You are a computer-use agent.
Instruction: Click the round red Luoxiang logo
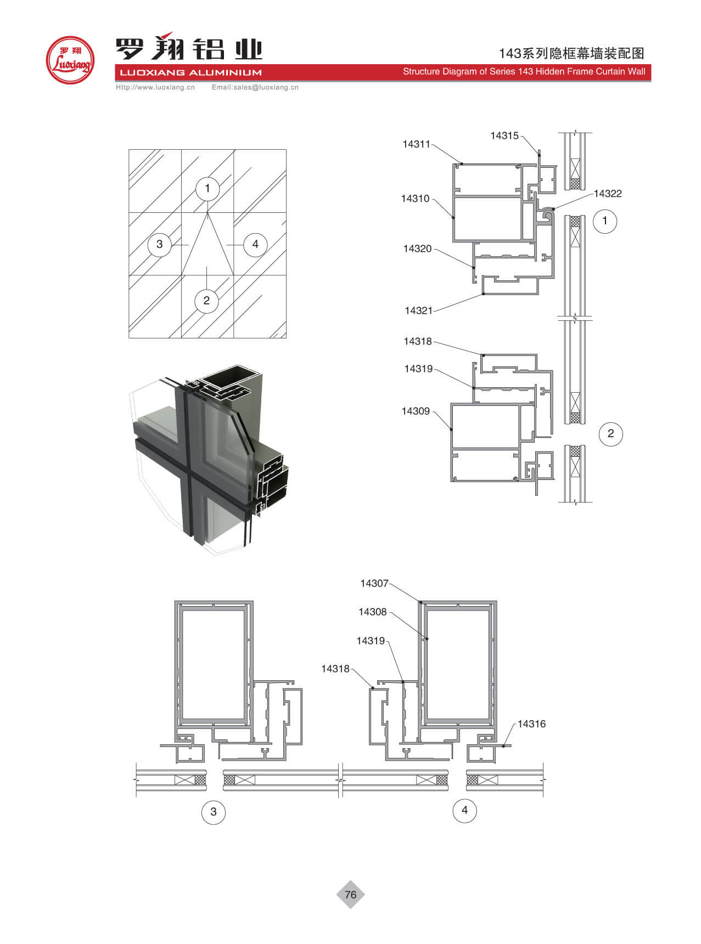click(70, 60)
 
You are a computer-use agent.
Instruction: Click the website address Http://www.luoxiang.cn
click(155, 87)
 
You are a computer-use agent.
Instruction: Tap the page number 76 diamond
click(350, 895)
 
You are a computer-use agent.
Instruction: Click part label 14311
click(416, 144)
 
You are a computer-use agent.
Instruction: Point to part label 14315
click(504, 135)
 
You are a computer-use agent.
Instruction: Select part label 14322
click(608, 194)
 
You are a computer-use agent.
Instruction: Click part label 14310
click(415, 199)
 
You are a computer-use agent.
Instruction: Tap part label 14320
click(417, 248)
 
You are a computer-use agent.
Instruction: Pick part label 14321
click(419, 310)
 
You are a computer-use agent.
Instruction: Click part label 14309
click(416, 411)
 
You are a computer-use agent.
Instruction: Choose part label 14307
click(374, 584)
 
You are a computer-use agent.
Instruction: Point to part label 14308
click(373, 612)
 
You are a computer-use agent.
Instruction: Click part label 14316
click(532, 724)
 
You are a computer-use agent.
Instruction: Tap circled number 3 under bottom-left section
click(214, 811)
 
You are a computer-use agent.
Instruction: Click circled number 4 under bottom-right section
click(464, 810)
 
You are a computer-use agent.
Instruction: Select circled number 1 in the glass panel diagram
click(208, 188)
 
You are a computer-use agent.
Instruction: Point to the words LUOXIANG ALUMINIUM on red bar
click(191, 72)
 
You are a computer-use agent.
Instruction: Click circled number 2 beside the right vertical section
click(611, 434)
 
